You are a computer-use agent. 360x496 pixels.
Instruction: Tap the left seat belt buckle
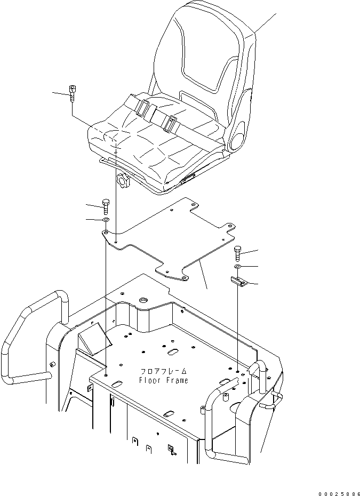[143, 109]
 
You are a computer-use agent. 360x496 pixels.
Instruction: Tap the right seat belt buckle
[170, 124]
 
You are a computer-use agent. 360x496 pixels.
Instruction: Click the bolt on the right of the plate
[237, 252]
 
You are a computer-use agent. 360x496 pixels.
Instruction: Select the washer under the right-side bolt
[238, 266]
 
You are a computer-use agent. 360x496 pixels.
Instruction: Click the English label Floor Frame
[163, 380]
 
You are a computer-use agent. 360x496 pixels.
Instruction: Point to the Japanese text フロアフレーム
[164, 371]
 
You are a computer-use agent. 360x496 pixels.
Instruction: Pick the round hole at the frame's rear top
[143, 302]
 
